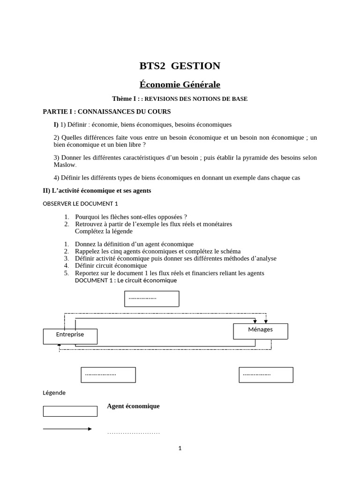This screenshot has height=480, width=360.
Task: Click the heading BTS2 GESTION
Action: (x=180, y=66)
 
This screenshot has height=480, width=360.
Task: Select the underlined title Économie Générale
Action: (x=180, y=84)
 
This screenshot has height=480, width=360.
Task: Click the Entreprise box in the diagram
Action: (x=70, y=336)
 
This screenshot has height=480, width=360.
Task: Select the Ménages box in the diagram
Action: (x=260, y=331)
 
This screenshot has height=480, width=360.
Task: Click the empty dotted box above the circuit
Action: (x=151, y=299)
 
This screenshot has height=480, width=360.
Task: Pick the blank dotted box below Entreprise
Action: (x=108, y=375)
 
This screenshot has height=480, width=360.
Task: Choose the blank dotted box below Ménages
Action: (x=266, y=375)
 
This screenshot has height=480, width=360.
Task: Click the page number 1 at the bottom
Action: (x=180, y=448)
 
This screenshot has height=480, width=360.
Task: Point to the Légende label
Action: (x=54, y=393)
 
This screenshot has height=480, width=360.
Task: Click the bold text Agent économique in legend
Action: (x=133, y=406)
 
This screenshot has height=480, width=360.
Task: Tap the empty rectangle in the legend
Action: (x=70, y=411)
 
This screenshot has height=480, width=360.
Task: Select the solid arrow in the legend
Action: (x=67, y=428)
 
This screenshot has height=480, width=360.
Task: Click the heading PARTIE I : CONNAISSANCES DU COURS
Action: (x=107, y=112)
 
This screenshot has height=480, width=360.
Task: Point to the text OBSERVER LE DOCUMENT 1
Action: (x=80, y=203)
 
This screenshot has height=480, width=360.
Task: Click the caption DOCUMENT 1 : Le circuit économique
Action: (x=126, y=280)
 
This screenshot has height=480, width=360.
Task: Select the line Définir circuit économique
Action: (x=111, y=265)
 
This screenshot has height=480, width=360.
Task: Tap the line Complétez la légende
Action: (x=104, y=231)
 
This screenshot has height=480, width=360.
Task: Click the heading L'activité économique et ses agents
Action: (x=97, y=191)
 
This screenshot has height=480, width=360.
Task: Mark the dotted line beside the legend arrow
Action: (x=133, y=433)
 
